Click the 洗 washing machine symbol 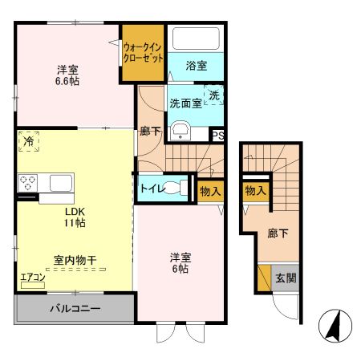pyautogui.click(x=214, y=95)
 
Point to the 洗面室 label pyautogui.click(x=184, y=103)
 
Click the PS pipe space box pyautogui.click(x=217, y=136)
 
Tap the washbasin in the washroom pyautogui.click(x=180, y=132)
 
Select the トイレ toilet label pyautogui.click(x=153, y=189)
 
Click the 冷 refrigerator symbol pyautogui.click(x=28, y=140)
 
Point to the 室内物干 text pyautogui.click(x=75, y=260)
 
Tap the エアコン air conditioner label pyautogui.click(x=33, y=278)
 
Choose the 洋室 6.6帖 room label pyautogui.click(x=67, y=74)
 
